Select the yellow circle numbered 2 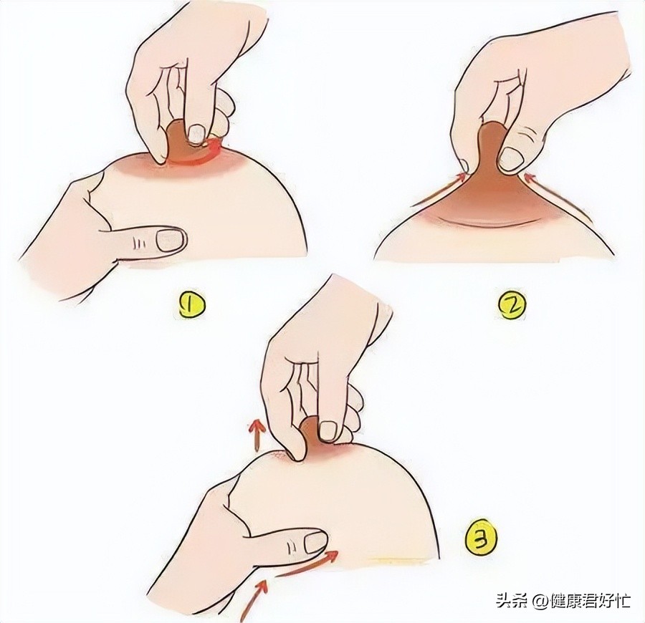(x=512, y=306)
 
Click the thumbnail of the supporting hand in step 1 (x=171, y=240)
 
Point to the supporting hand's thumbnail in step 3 (x=316, y=542)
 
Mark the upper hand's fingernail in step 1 (x=195, y=132)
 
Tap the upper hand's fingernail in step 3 (x=328, y=430)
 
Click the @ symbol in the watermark (x=539, y=600)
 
